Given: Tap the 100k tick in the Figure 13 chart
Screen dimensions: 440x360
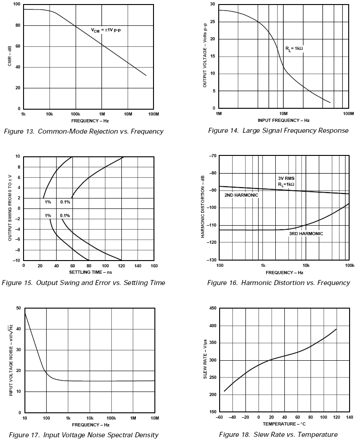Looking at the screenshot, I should (76, 113).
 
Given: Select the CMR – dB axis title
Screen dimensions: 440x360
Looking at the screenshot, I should (10, 56).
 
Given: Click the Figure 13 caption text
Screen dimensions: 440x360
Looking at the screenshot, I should (83, 131).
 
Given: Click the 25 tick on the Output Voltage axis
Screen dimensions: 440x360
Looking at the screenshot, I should (212, 22).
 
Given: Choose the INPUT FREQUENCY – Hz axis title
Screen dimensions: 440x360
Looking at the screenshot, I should (283, 121).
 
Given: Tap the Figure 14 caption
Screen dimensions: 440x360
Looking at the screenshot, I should (278, 131).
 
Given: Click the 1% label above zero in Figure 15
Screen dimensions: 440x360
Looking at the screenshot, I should (48, 202).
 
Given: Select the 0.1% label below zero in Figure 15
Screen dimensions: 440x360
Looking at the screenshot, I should (65, 216).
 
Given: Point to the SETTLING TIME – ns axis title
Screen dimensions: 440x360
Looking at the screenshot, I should (88, 272).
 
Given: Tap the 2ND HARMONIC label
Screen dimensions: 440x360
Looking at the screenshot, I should (241, 195).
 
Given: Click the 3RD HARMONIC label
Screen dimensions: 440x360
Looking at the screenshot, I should (306, 234).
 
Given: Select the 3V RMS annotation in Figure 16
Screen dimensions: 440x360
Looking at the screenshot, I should (286, 178).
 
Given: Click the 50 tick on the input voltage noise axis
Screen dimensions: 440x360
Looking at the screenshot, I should (18, 308).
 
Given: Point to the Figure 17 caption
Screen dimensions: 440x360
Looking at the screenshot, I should (84, 435).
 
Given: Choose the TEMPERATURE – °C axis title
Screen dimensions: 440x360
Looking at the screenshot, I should (283, 424).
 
